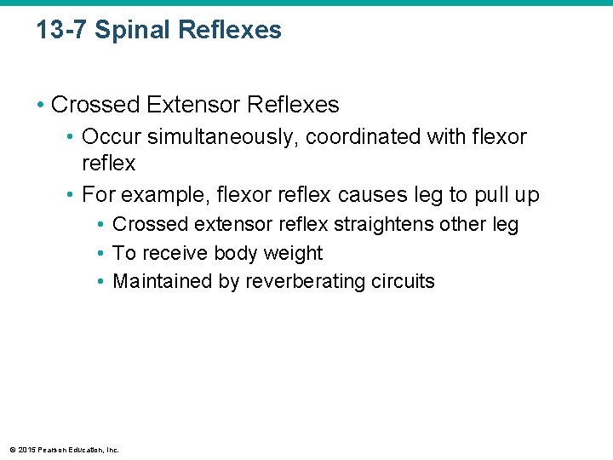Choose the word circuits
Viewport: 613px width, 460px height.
tap(403, 281)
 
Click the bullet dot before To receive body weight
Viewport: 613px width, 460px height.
tap(101, 253)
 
